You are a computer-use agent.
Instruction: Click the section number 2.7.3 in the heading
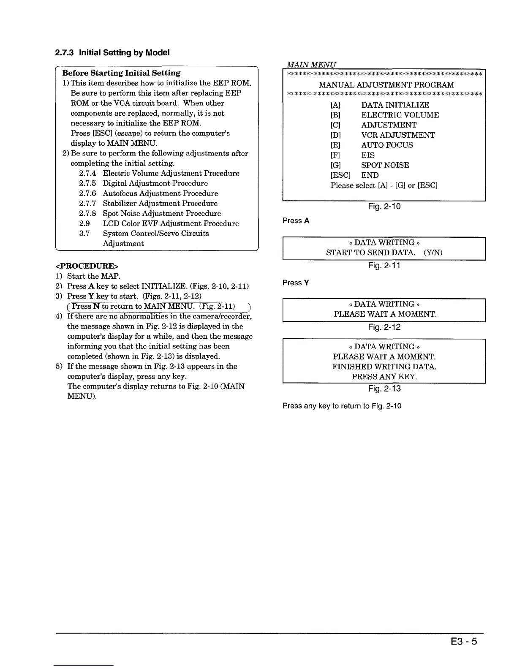tap(65, 53)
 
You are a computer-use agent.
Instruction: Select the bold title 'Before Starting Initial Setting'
tap(121, 73)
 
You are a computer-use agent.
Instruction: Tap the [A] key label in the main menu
tap(335, 105)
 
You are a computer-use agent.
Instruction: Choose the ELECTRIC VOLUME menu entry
tap(400, 115)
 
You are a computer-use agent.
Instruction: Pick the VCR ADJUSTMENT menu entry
tap(398, 135)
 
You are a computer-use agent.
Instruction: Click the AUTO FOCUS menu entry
tap(387, 145)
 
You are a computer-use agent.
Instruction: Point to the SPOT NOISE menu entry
tap(385, 165)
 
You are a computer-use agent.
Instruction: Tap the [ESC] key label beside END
tap(340, 175)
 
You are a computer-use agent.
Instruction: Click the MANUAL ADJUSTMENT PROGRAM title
tap(386, 85)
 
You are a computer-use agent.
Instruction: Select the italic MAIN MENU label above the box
tap(311, 65)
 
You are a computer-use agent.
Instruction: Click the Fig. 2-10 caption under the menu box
tap(384, 207)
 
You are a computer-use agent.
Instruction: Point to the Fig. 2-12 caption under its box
tap(384, 327)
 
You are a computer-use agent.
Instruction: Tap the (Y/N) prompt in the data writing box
tap(433, 253)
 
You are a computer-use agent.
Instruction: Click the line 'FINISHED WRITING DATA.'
tap(384, 367)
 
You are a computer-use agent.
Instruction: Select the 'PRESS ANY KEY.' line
tap(384, 377)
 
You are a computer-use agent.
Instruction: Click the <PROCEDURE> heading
tap(87, 266)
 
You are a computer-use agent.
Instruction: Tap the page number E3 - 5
tap(463, 642)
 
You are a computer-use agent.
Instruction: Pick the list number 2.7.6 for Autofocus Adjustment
tap(87, 193)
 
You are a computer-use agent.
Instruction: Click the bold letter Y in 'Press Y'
tap(306, 283)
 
